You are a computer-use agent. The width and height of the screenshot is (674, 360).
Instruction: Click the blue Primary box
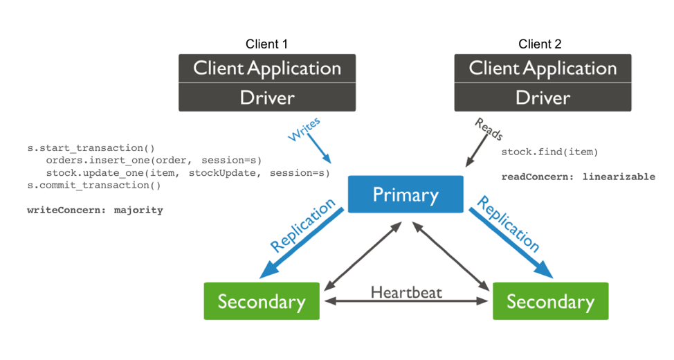click(x=406, y=195)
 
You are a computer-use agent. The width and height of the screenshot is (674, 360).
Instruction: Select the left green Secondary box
click(x=262, y=301)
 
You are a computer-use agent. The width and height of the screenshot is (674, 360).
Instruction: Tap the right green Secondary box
click(x=550, y=301)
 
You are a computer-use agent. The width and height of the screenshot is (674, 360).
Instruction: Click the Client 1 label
click(x=266, y=44)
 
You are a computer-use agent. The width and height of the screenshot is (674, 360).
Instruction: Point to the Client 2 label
click(x=540, y=44)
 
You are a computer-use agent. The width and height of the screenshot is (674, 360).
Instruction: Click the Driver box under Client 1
click(x=267, y=98)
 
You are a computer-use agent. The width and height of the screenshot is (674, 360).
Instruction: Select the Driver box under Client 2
click(x=543, y=98)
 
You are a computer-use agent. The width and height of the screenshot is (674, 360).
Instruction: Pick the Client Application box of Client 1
click(x=267, y=69)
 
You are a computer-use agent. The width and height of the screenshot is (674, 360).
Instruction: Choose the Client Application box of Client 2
click(x=543, y=69)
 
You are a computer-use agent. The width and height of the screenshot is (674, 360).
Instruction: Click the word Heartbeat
click(x=406, y=291)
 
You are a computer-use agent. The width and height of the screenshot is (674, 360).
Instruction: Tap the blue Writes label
click(x=304, y=129)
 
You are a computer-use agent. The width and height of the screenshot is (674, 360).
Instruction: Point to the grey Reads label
click(x=489, y=129)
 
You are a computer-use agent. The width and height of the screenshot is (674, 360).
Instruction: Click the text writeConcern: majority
click(x=95, y=210)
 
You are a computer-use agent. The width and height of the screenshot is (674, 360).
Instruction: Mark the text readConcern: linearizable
click(x=578, y=177)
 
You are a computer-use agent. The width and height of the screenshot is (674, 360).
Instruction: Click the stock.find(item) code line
click(x=549, y=152)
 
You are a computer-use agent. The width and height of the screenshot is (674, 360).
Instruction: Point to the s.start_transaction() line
click(x=91, y=147)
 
